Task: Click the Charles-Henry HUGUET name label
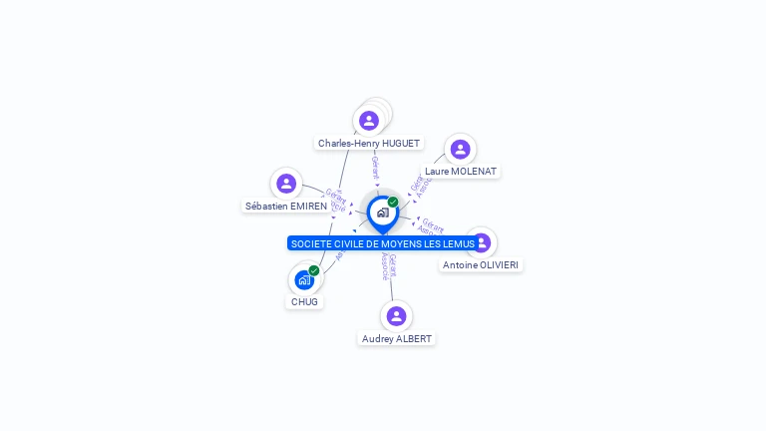(x=368, y=144)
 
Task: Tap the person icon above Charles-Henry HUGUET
(x=369, y=121)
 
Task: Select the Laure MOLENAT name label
(x=460, y=172)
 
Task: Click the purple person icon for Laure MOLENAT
(x=460, y=149)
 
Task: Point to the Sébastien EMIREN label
(x=286, y=207)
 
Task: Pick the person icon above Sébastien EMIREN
(x=286, y=184)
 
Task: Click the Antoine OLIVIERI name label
(x=481, y=265)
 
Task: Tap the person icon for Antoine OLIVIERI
(x=482, y=242)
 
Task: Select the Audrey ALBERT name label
(x=396, y=339)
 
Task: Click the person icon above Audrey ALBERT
(x=396, y=316)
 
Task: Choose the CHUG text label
(x=305, y=302)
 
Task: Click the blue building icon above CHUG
(x=304, y=280)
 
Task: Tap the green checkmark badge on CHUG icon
(x=314, y=270)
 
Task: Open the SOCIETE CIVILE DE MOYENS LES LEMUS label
(x=382, y=244)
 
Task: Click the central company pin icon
(x=382, y=213)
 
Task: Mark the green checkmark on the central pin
(x=393, y=203)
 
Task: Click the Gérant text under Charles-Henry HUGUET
(x=375, y=167)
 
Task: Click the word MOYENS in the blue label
(x=403, y=244)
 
